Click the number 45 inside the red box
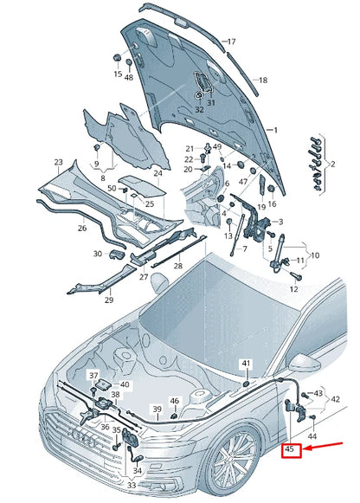291,449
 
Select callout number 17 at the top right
231,42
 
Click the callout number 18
263,81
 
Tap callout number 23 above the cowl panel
58,162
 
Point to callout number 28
177,267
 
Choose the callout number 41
246,363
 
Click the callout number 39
157,409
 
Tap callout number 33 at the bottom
132,485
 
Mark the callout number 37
93,374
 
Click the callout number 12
294,287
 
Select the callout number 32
199,109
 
